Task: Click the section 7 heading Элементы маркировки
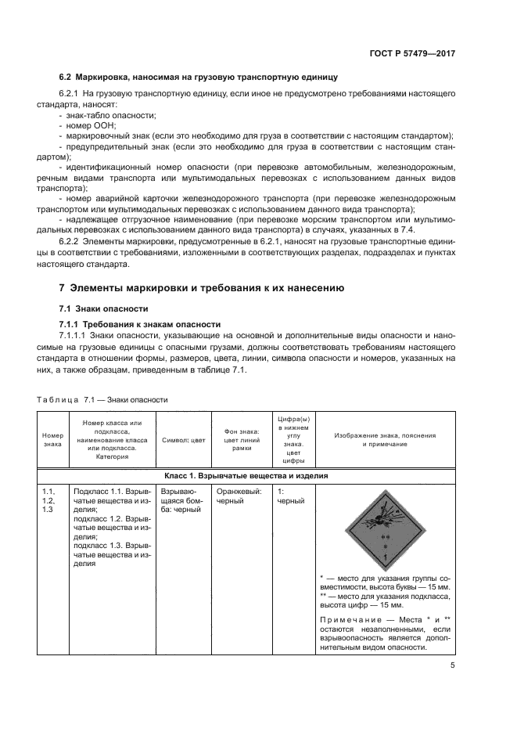click(x=202, y=287)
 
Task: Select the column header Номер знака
click(x=52, y=439)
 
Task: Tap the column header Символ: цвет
click(x=183, y=440)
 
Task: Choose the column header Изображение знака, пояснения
click(x=385, y=439)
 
